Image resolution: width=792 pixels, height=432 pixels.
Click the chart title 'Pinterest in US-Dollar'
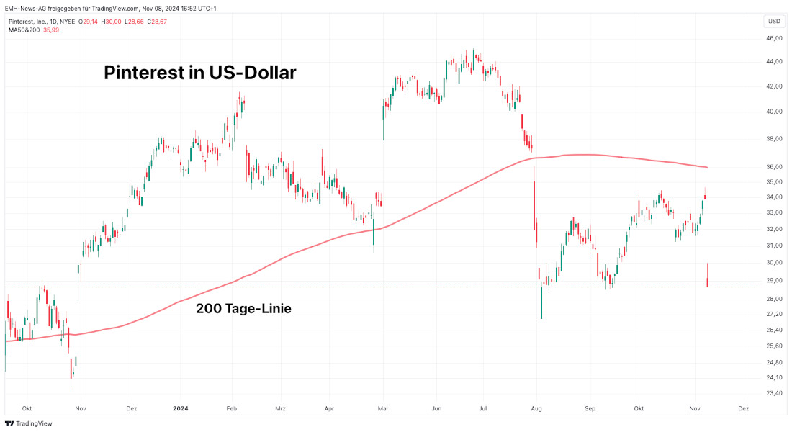click(x=200, y=73)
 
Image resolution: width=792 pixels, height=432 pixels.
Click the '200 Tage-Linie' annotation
click(x=243, y=309)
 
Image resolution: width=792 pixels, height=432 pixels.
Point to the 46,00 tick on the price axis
click(x=775, y=38)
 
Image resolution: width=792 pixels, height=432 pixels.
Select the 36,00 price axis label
click(x=775, y=167)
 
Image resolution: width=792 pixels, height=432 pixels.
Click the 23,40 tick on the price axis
click(x=775, y=393)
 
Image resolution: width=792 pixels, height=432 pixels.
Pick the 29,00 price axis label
click(x=775, y=280)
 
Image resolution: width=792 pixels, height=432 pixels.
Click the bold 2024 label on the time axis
click(x=181, y=408)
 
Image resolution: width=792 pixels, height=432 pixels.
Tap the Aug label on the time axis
click(x=536, y=408)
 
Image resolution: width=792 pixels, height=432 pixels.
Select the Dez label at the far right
click(x=744, y=408)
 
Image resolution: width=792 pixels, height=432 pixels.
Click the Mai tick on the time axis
click(x=383, y=408)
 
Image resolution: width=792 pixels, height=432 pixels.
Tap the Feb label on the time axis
click(x=232, y=408)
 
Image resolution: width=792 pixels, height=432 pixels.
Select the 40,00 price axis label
click(x=775, y=112)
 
